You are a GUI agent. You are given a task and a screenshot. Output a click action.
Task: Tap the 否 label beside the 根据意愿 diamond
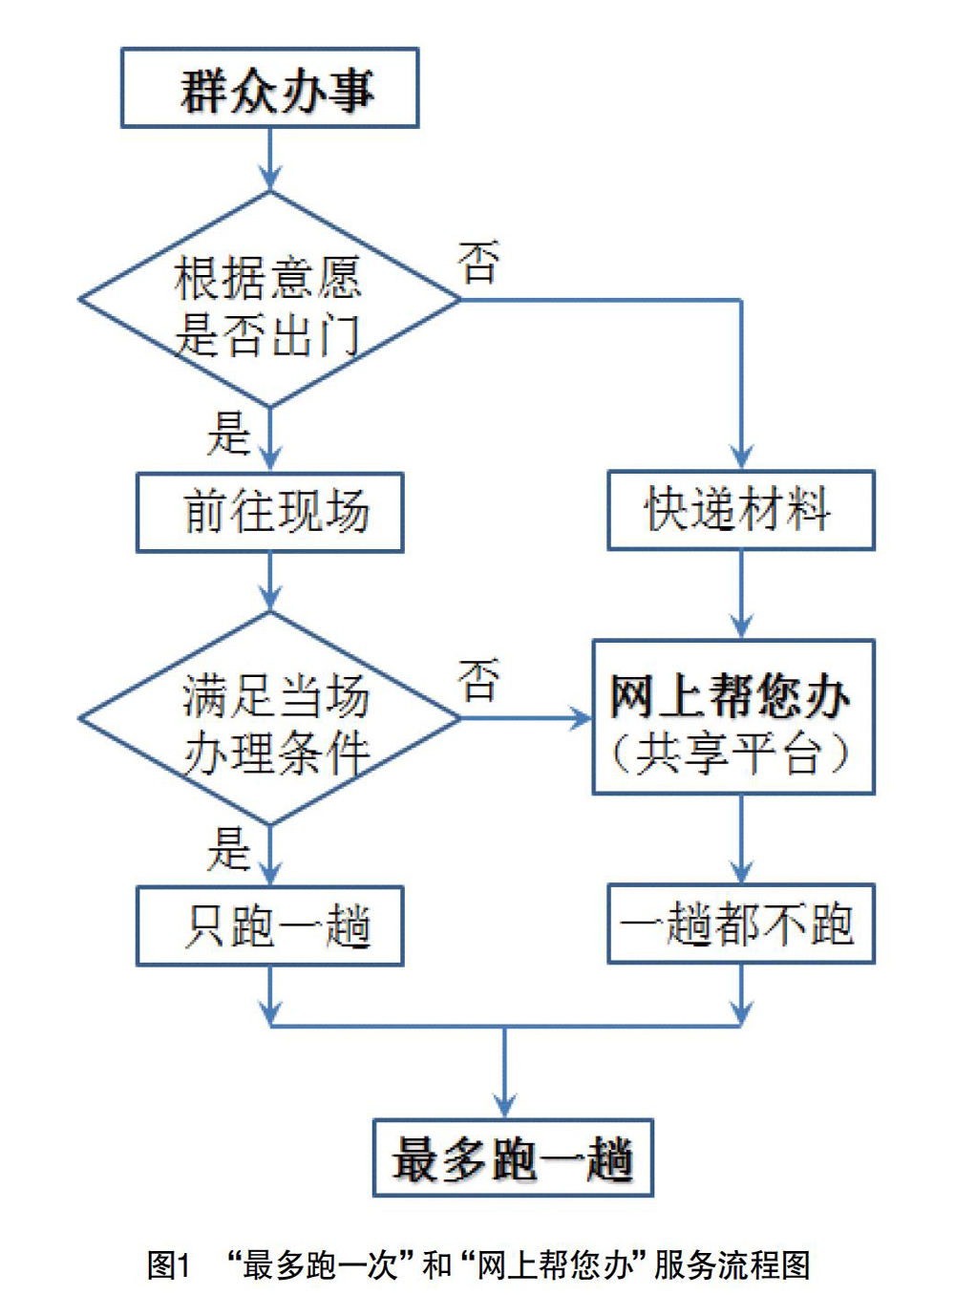tap(478, 263)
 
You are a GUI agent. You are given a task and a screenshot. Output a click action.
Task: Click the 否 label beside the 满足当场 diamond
tap(478, 681)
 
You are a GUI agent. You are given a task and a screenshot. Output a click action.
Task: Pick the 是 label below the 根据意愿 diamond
tap(229, 434)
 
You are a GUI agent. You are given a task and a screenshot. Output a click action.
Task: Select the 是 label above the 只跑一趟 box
tap(229, 849)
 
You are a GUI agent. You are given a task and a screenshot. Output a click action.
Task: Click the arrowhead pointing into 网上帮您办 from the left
tap(581, 718)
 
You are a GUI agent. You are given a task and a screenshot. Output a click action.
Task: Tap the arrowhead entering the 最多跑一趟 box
tap(504, 1106)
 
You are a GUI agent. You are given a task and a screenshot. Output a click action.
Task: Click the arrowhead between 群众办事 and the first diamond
tap(270, 178)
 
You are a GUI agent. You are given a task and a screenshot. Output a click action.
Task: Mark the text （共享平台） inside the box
tap(731, 754)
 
